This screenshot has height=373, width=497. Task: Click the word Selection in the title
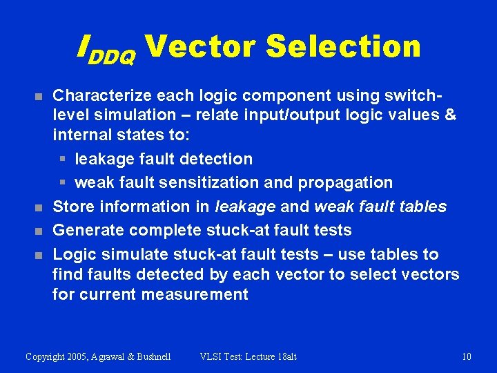pos(342,46)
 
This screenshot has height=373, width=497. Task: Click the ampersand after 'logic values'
pos(450,115)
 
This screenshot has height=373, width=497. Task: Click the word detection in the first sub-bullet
pos(217,159)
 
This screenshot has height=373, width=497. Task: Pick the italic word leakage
pos(245,206)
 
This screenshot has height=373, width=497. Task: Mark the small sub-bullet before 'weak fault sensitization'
pos(62,183)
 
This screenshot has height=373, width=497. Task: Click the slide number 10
pos(466,356)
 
